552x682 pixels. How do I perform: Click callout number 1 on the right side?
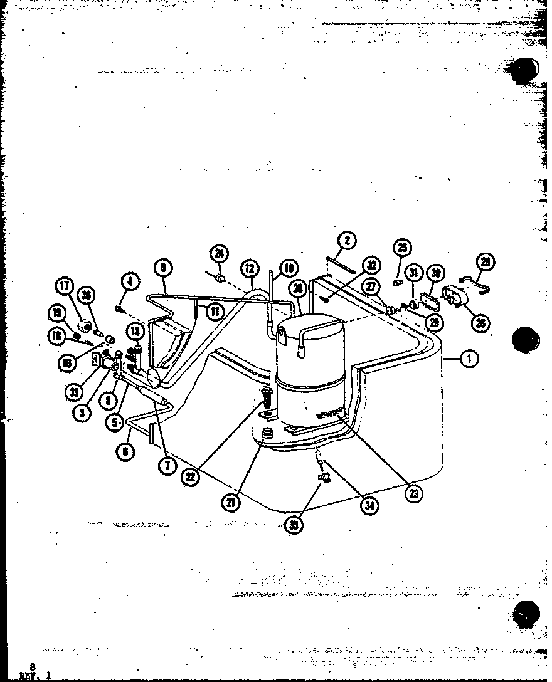[x=468, y=359]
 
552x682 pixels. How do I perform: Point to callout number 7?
[x=166, y=466]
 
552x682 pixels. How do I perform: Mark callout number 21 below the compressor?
[x=232, y=502]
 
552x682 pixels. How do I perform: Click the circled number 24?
[x=219, y=254]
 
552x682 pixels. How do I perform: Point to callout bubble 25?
[x=402, y=248]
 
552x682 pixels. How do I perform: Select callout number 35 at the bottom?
[x=294, y=525]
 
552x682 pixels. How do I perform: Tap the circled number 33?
[x=74, y=392]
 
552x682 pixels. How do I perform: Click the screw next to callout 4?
[x=118, y=308]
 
